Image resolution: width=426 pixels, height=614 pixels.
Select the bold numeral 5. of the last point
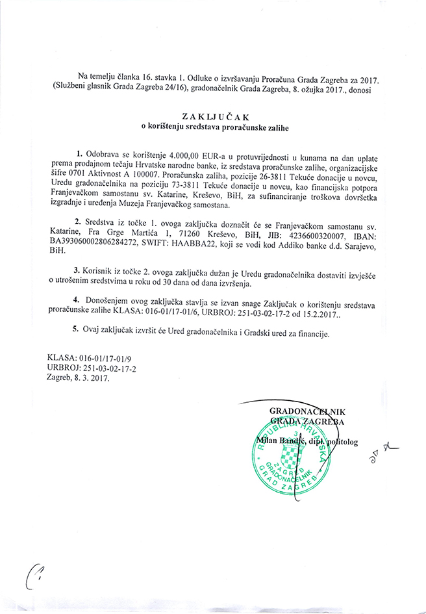(x=77, y=333)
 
